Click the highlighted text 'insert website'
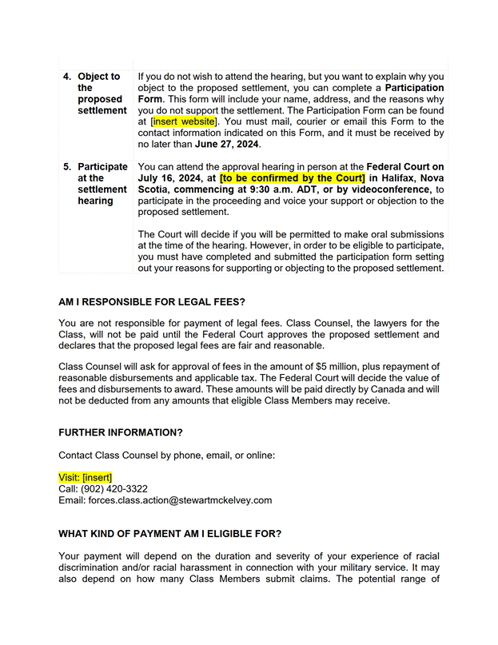185,121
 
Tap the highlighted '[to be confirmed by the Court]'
293,178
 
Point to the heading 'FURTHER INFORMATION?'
121,432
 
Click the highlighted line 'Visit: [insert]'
86,477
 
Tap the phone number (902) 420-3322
114,489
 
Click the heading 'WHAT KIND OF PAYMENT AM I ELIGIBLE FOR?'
170,533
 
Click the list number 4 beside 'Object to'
67,77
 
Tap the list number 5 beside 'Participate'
67,167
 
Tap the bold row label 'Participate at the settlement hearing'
102,184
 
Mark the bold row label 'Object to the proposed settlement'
102,94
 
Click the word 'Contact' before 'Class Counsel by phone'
75,455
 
